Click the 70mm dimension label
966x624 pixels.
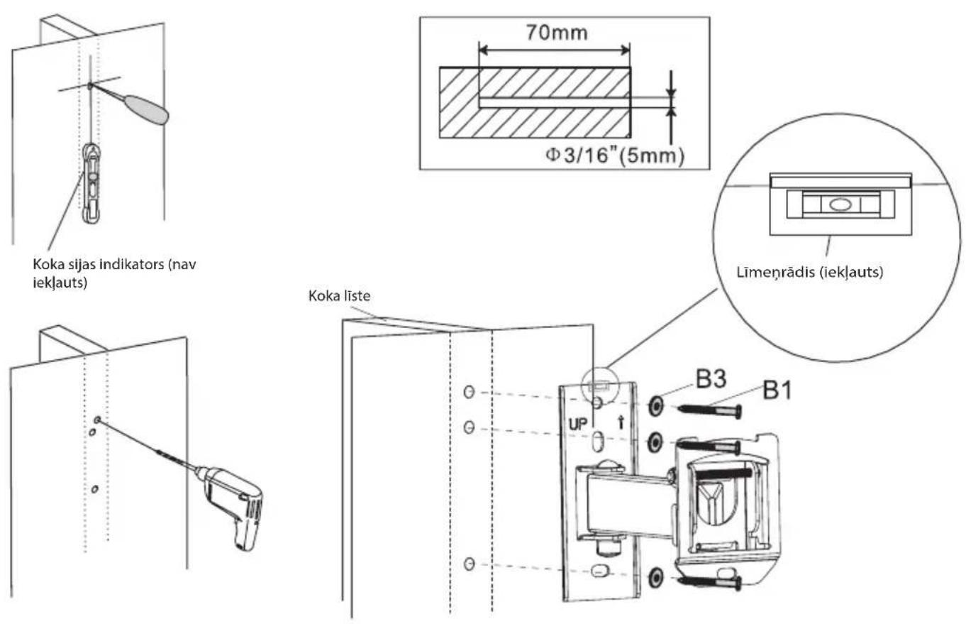(x=556, y=33)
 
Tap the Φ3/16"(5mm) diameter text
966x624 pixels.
(x=614, y=155)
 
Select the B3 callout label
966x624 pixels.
(x=711, y=379)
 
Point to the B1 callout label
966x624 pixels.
(x=777, y=390)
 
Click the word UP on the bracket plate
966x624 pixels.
(x=578, y=425)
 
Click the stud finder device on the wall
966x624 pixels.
(x=92, y=183)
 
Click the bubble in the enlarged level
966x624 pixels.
(x=839, y=204)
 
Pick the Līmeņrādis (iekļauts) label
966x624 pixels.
(x=810, y=273)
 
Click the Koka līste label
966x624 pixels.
(x=340, y=296)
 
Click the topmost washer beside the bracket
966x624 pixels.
(x=655, y=406)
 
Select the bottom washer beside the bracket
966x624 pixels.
(x=655, y=577)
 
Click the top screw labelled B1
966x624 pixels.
(x=710, y=410)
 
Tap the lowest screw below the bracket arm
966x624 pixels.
(x=710, y=582)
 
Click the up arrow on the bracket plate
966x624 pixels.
(x=621, y=422)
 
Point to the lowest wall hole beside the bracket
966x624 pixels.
(x=470, y=564)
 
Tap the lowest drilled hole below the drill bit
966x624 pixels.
(x=95, y=489)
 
